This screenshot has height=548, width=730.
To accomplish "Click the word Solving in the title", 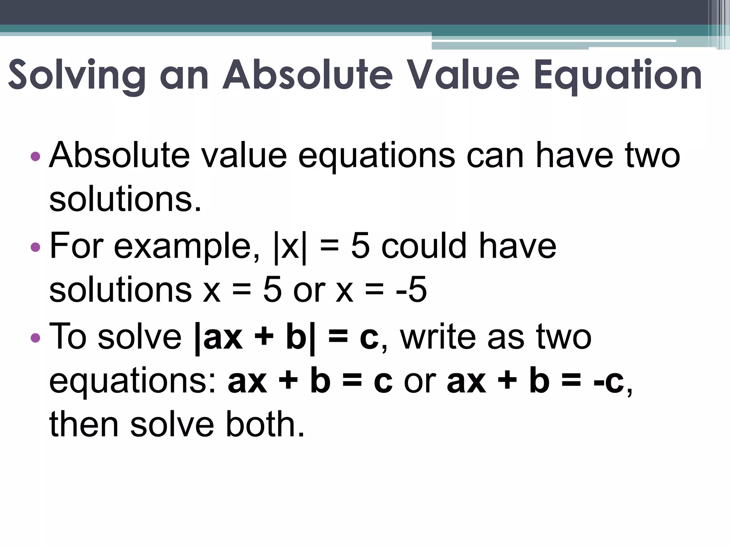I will point(77,76).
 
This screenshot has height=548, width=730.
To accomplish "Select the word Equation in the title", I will point(618,76).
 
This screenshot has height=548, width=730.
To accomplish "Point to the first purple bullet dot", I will point(36,156).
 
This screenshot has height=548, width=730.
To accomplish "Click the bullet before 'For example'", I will point(36,247).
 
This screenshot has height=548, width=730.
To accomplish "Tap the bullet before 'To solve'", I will point(36,337).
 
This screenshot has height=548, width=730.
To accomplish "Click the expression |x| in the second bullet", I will point(290,247).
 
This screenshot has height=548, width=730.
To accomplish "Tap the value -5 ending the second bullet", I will point(411,290).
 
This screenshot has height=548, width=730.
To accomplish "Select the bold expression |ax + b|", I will point(255,337).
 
